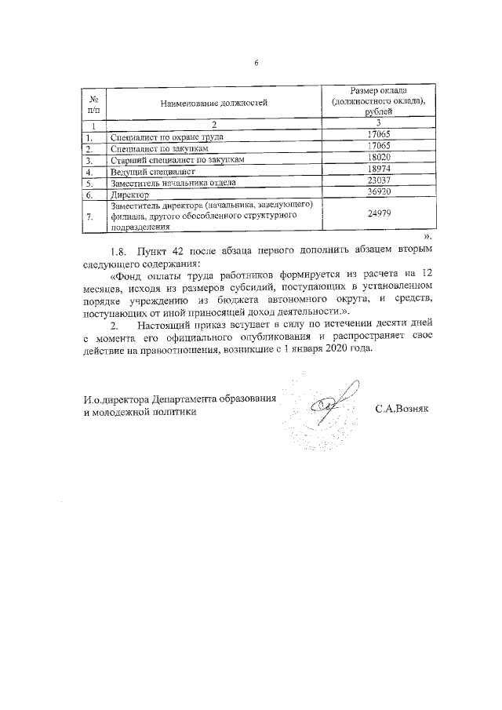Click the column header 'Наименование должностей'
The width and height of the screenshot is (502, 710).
213,102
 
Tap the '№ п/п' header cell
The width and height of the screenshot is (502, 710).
93,102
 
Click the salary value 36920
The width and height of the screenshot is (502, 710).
378,193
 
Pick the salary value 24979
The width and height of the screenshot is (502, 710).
378,214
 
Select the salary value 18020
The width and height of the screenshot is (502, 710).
378,158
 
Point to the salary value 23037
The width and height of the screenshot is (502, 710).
378,181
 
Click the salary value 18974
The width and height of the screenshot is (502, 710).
378,169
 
